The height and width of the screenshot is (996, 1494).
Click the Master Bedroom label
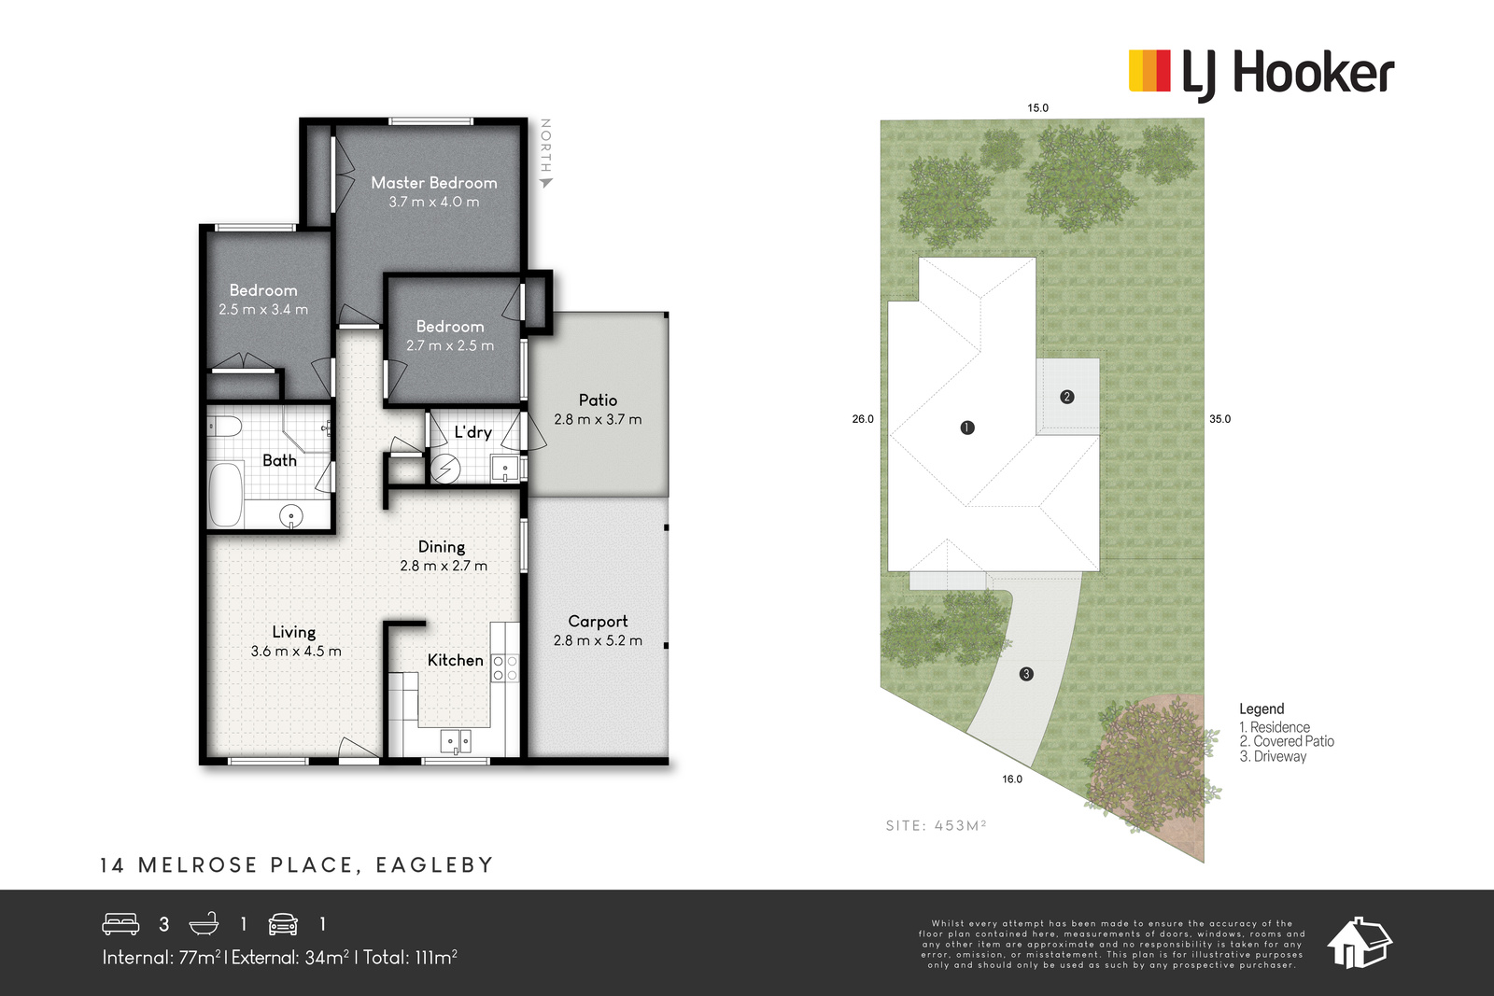click(434, 183)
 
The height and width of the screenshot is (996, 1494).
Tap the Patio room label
click(598, 400)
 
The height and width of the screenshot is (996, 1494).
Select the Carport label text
click(598, 622)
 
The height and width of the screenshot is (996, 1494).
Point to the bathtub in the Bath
click(226, 494)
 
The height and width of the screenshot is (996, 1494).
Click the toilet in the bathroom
click(223, 427)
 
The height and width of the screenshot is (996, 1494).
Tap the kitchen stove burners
click(505, 668)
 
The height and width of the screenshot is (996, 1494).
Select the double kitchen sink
click(457, 741)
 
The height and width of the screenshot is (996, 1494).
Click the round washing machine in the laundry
click(445, 468)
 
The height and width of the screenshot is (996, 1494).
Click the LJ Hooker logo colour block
click(1149, 70)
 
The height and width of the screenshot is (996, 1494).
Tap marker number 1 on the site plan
click(967, 428)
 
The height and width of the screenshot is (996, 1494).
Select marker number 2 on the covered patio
click(1066, 397)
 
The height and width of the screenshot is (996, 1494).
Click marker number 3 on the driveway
click(1026, 674)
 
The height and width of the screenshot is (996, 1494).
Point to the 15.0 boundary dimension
click(1037, 108)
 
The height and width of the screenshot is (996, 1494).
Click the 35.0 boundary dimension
click(1219, 419)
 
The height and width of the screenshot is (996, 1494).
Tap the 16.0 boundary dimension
click(1012, 779)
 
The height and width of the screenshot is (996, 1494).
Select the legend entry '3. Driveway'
click(1273, 757)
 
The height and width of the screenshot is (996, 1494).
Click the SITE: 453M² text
click(936, 825)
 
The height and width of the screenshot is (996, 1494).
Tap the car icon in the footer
click(283, 924)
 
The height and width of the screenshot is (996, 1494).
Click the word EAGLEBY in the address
click(434, 865)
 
